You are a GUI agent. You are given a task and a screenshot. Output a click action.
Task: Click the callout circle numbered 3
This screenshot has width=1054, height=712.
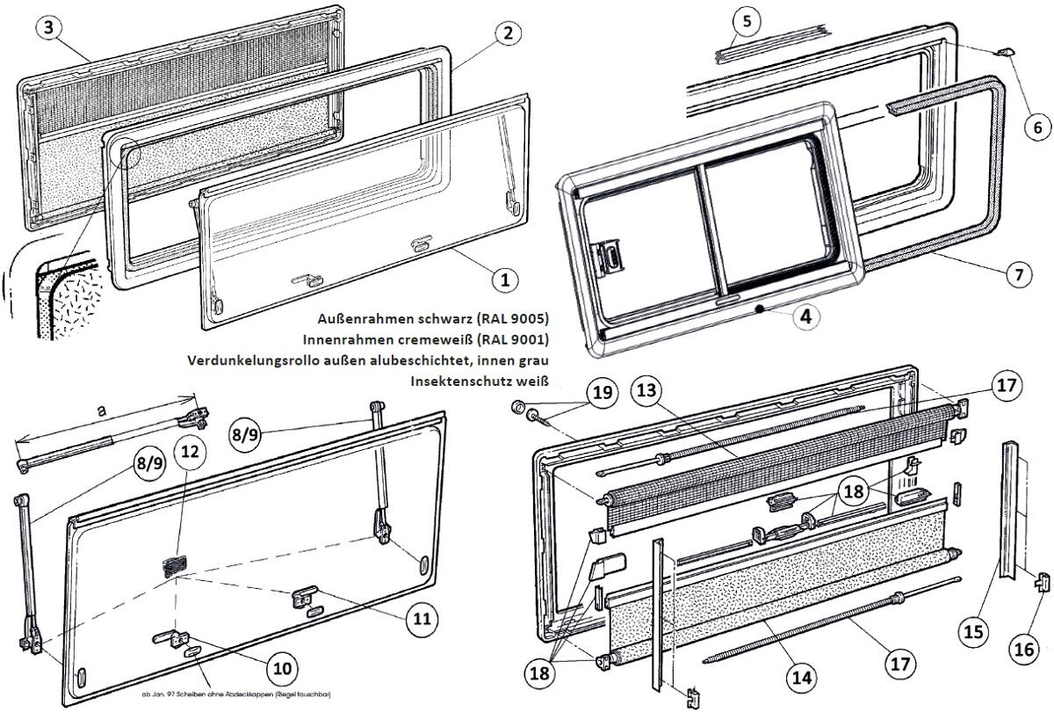pyautogui.click(x=50, y=28)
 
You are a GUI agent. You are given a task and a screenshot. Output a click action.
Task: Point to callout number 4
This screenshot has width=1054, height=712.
pyautogui.click(x=806, y=316)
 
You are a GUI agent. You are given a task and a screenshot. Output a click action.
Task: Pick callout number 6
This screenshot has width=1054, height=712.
pyautogui.click(x=1037, y=127)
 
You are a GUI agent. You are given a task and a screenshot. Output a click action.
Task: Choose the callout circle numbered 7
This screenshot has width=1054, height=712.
pyautogui.click(x=1018, y=275)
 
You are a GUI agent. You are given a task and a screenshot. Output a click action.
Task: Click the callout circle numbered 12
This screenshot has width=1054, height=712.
pyautogui.click(x=190, y=451)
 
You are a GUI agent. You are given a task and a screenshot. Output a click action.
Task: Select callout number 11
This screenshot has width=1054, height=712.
pyautogui.click(x=422, y=619)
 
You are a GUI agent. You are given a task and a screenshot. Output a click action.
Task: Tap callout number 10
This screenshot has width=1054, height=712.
pyautogui.click(x=281, y=668)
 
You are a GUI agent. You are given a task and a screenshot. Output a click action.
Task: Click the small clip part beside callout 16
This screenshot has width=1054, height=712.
pyautogui.click(x=1042, y=585)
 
